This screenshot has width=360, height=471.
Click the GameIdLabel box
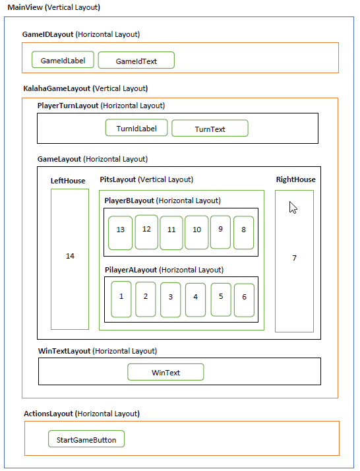63,60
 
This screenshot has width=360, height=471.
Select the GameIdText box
136,61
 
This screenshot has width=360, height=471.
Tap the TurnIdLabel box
136,128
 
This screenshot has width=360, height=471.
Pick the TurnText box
210,129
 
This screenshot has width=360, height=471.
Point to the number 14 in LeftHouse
70,257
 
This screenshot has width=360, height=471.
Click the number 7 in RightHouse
294,258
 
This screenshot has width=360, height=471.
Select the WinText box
165,373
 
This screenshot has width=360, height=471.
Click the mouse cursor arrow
293,208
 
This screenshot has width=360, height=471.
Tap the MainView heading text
53,7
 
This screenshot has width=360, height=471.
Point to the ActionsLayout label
82,414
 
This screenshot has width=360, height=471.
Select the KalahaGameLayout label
85,88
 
